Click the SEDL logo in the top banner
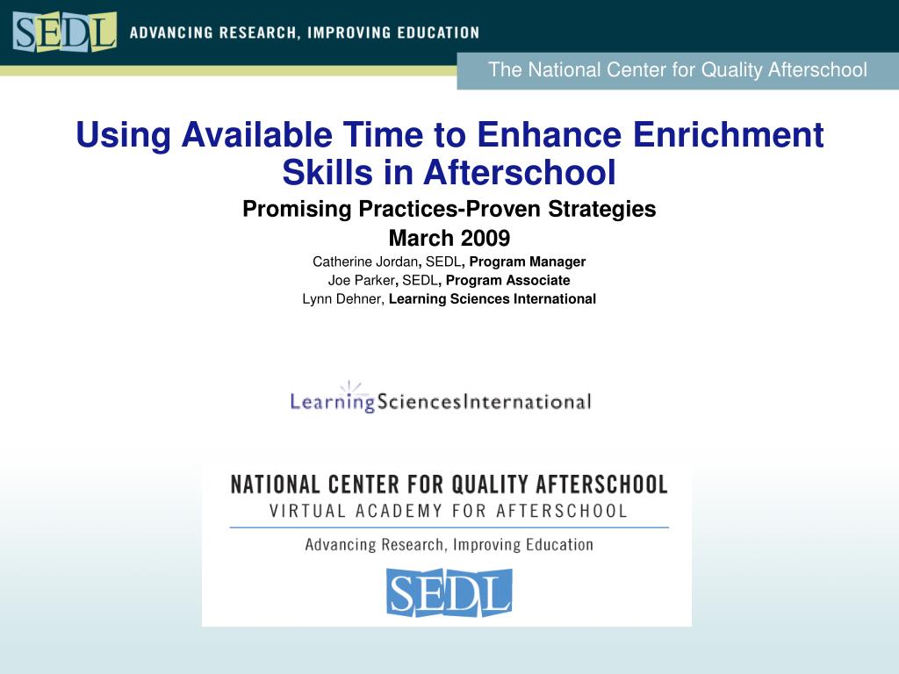point(64,32)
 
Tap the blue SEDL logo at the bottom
point(449,592)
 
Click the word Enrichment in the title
point(728,134)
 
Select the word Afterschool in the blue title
point(520,172)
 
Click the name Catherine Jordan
point(365,262)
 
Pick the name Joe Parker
point(361,280)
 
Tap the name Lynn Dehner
point(342,299)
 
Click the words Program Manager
point(528,262)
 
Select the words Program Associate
point(508,280)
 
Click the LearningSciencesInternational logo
point(441,397)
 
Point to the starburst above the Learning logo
point(350,387)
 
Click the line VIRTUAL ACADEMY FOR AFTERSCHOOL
point(449,511)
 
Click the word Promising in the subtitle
point(297,209)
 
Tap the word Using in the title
point(123,136)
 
